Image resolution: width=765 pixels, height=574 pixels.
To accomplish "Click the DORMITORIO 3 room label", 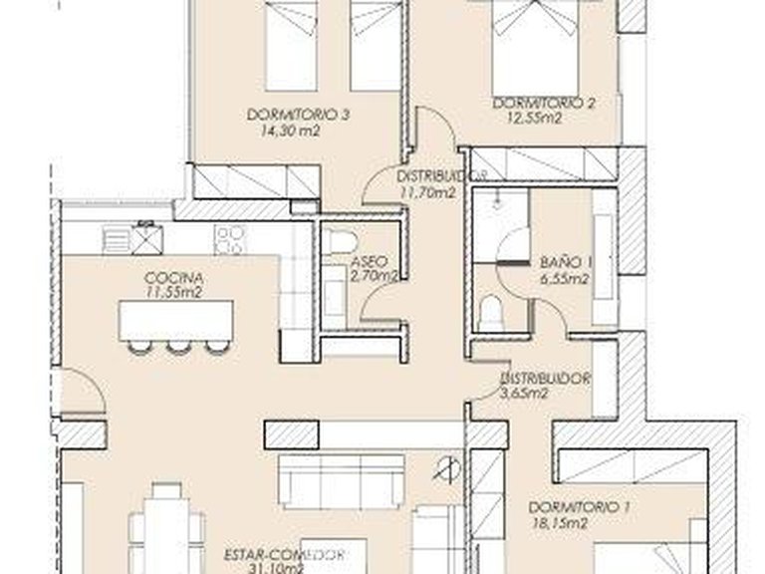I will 298,115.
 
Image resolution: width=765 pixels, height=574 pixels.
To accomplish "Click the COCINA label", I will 161,277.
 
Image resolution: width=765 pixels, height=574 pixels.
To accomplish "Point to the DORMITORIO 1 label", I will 580,506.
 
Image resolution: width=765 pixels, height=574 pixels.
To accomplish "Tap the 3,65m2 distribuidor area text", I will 524,394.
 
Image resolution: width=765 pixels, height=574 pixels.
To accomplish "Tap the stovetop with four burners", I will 229,239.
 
